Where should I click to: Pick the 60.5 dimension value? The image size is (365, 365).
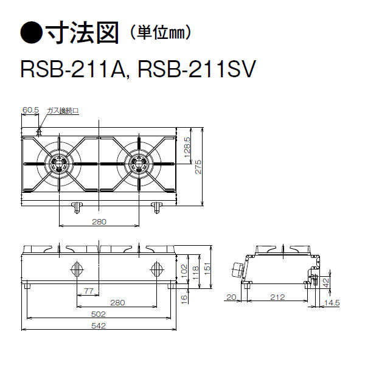30,110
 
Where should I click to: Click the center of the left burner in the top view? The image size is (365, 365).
59,162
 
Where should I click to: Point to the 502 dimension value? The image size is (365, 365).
99,314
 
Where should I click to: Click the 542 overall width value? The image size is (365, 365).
99,326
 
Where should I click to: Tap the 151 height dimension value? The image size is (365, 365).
208,268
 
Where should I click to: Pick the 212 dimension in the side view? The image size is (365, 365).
277,297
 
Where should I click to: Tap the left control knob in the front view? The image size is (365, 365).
77,268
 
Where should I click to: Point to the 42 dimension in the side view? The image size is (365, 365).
325,282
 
